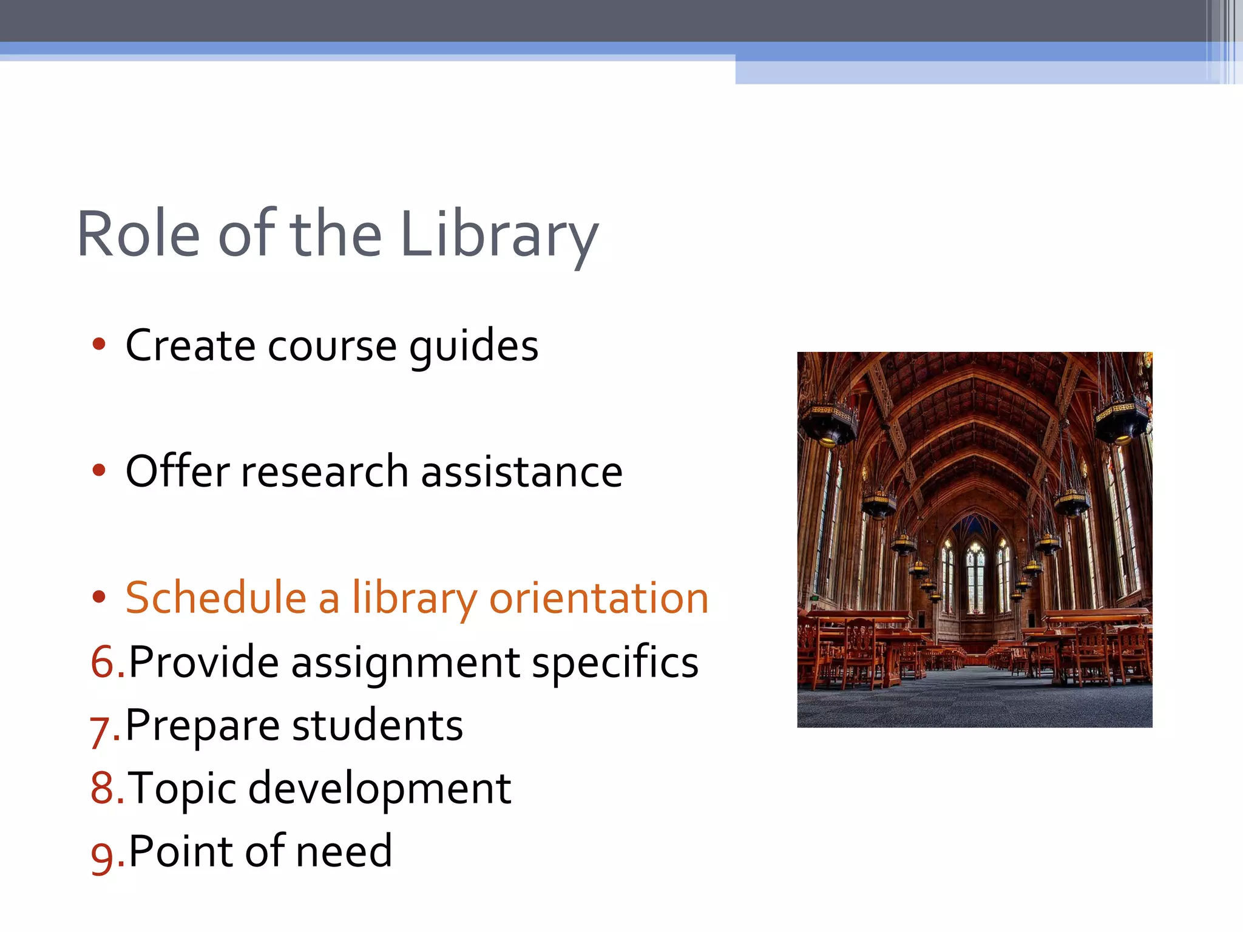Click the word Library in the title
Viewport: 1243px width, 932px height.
pos(499,235)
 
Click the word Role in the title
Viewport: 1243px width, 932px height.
pos(138,235)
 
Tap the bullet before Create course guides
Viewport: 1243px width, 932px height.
pos(99,345)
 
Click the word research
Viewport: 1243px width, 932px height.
pos(325,472)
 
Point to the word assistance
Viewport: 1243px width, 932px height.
pos(521,472)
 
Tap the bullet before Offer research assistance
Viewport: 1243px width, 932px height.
pos(99,471)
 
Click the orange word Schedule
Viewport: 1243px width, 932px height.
pos(215,598)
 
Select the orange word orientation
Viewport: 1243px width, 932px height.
pos(598,598)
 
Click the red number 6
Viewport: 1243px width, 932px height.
pos(103,662)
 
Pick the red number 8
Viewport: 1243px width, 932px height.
pos(103,788)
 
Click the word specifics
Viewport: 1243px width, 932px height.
pos(615,663)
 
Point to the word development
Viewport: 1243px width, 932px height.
pos(379,789)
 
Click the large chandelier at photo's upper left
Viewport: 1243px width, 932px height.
pos(829,422)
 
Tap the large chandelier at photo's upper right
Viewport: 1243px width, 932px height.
pos(1122,419)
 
